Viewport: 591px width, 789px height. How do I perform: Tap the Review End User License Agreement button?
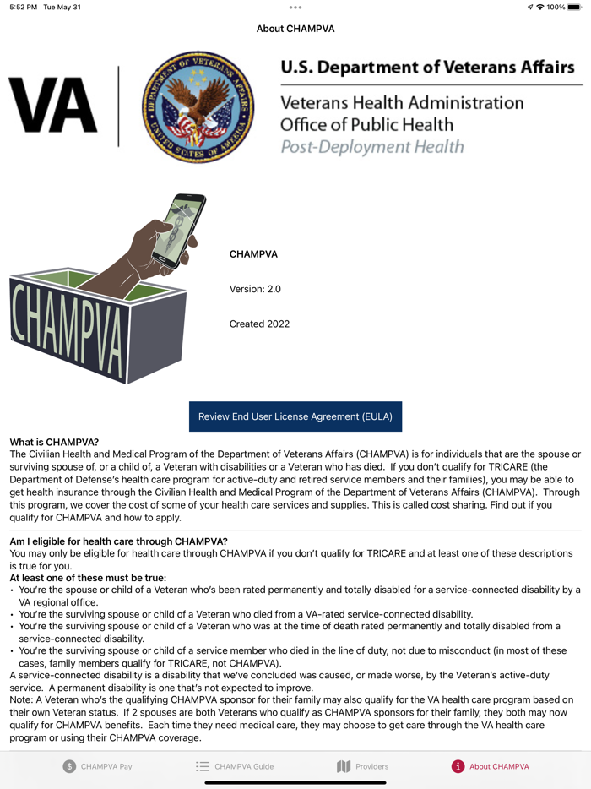tap(295, 416)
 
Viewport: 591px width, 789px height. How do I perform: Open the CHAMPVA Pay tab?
tap(97, 766)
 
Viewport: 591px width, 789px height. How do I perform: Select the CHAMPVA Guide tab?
tap(235, 766)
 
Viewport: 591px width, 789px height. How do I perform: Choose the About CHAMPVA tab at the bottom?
tap(490, 766)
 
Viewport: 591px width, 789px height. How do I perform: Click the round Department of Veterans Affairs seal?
tap(198, 107)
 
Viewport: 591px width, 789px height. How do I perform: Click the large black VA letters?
tap(52, 107)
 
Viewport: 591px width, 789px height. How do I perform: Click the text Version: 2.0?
tap(255, 289)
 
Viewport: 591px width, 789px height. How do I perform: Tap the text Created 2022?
tap(259, 324)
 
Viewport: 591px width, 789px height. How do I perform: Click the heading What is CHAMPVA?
tap(54, 442)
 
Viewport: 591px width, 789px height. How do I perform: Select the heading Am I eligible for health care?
tap(118, 541)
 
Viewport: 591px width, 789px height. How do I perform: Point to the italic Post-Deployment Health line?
tap(371, 146)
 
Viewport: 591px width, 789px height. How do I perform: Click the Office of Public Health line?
tap(366, 124)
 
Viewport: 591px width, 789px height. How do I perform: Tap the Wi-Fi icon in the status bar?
tap(539, 7)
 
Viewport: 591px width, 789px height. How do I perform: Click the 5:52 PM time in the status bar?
tap(24, 7)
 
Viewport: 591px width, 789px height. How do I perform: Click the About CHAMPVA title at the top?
tap(295, 29)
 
